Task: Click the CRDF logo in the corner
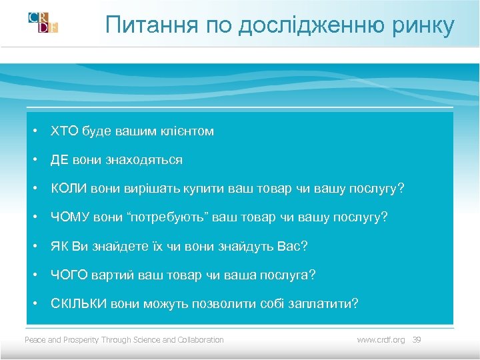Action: (43, 22)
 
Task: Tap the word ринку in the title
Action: (423, 25)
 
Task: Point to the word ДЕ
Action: (59, 160)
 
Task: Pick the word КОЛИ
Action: (68, 189)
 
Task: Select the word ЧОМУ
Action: (68, 217)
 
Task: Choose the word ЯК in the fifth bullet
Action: (59, 247)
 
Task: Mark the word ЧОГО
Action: (68, 275)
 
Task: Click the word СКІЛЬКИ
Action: (77, 304)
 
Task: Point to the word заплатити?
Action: (323, 304)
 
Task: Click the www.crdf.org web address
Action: (381, 340)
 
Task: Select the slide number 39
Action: (417, 340)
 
